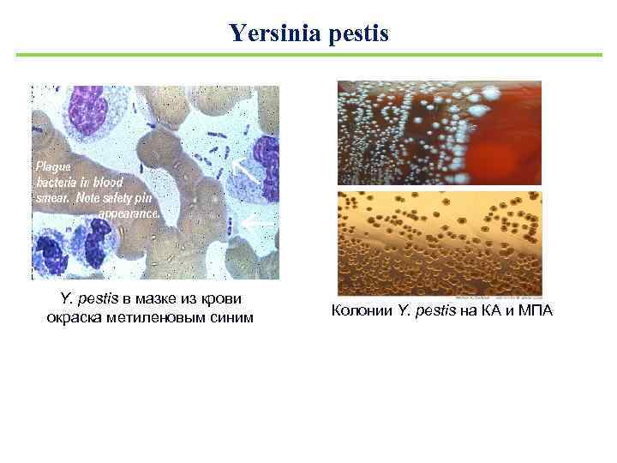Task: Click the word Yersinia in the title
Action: (x=268, y=33)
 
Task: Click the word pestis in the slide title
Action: (x=352, y=34)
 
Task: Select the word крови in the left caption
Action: (x=222, y=300)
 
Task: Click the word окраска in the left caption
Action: (x=76, y=318)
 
